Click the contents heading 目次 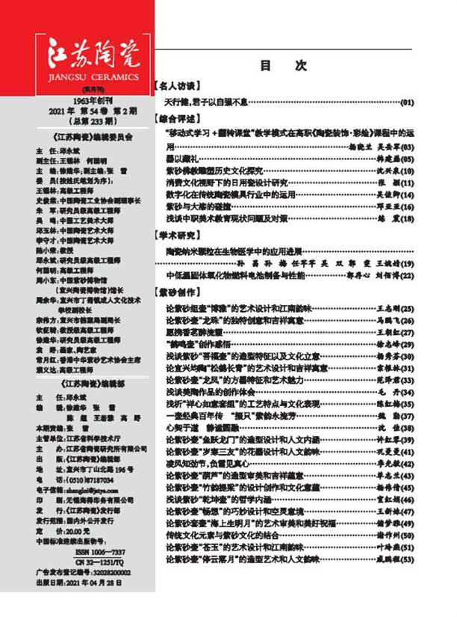(x=283, y=66)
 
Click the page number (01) (x=406, y=101)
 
